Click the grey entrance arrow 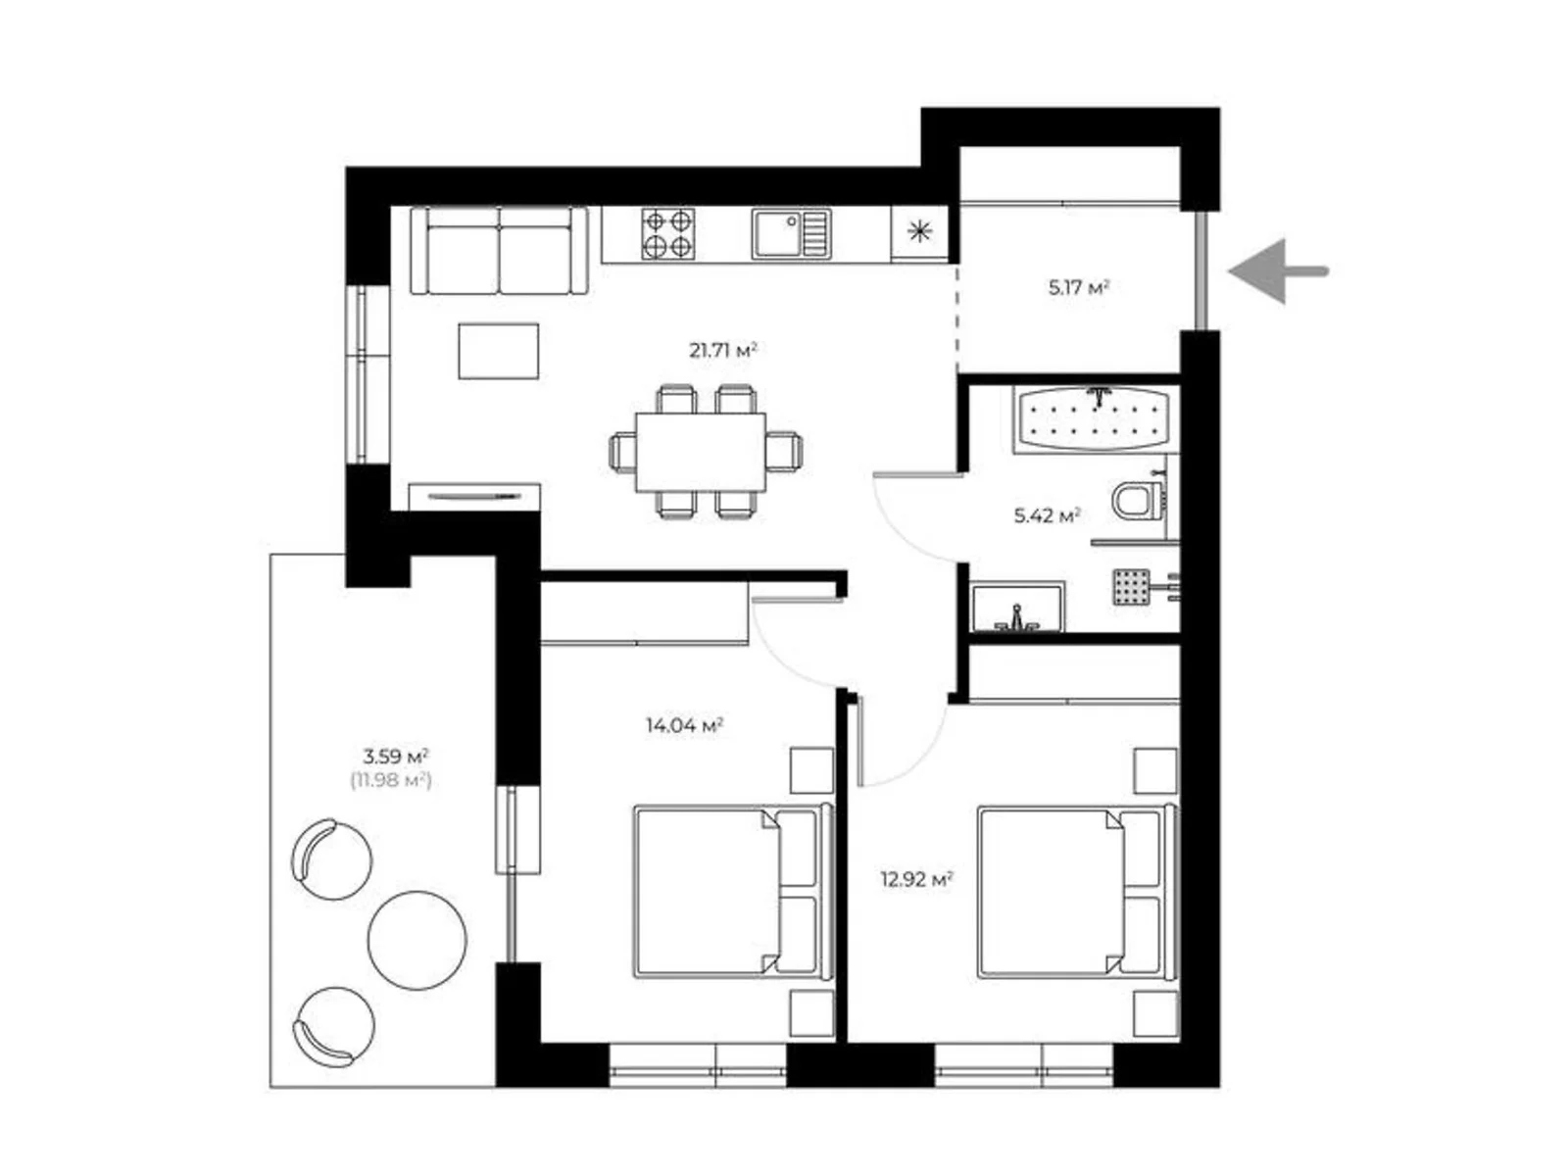(1277, 271)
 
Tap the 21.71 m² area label (722, 351)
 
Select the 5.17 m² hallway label (1078, 288)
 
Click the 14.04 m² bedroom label (684, 726)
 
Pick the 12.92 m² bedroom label (916, 880)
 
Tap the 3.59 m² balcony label (395, 756)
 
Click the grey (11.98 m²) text (391, 780)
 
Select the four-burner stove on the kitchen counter (668, 233)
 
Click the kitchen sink (791, 233)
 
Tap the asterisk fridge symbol (919, 231)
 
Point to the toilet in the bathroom (1140, 500)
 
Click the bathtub (1095, 418)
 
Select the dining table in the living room (701, 452)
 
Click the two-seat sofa (499, 251)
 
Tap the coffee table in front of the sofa (498, 351)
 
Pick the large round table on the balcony (417, 941)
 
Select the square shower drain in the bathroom (1132, 587)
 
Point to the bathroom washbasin (1017, 608)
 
